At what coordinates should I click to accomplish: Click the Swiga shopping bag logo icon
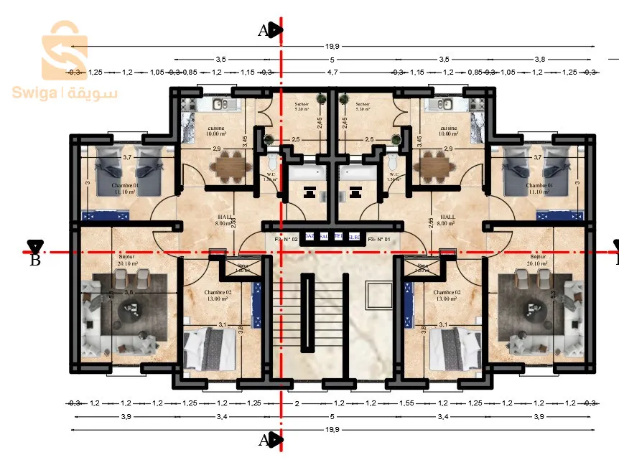pyautogui.click(x=65, y=50)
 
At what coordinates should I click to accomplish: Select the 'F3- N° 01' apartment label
pyautogui.click(x=378, y=239)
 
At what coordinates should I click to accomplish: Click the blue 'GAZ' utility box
pyautogui.click(x=309, y=236)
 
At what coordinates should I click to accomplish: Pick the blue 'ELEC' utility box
pyautogui.click(x=354, y=236)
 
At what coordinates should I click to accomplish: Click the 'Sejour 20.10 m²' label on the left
pyautogui.click(x=126, y=260)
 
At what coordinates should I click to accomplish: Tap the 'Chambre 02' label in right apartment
pyautogui.click(x=447, y=294)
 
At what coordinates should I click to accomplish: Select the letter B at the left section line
pyautogui.click(x=34, y=260)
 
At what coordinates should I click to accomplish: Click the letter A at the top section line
pyautogui.click(x=264, y=30)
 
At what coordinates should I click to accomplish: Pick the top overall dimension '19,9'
pyautogui.click(x=332, y=46)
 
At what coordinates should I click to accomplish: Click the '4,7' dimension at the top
pyautogui.click(x=332, y=72)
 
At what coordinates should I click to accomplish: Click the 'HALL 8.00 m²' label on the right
pyautogui.click(x=447, y=220)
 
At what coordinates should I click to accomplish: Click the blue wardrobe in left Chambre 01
pyautogui.click(x=106, y=215)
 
